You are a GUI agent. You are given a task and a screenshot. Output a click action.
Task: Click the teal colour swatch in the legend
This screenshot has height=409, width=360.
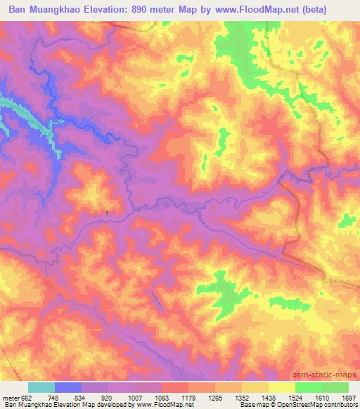41,387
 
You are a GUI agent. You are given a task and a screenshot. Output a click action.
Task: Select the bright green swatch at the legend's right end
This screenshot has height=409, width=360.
335,387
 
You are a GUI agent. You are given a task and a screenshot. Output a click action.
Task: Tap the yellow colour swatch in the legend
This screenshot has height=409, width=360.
282,387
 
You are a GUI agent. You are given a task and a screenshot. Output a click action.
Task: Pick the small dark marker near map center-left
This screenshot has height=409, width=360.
107,211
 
